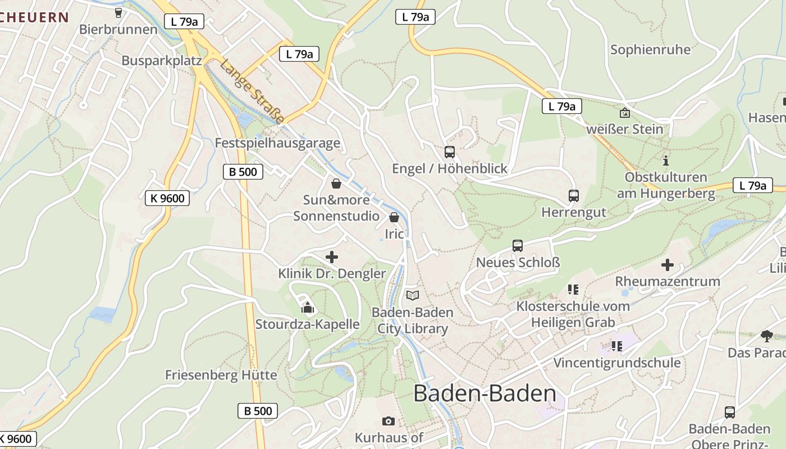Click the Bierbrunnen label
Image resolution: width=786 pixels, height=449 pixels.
pos(118,29)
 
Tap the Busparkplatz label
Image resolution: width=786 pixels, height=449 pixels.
pos(162,61)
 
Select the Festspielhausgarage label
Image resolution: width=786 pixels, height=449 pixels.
pos(277,143)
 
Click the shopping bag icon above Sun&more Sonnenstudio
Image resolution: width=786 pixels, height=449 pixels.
pos(336,183)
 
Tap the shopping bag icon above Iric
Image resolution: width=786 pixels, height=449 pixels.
pos(394,217)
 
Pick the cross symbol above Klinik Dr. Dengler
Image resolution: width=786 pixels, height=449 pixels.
pos(332,257)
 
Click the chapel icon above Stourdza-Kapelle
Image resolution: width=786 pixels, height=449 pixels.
pos(307,307)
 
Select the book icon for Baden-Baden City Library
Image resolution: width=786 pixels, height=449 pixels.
pos(413,295)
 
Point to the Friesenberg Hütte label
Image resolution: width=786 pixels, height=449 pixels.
pos(221,375)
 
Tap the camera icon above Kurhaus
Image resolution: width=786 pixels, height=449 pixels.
pos(388,421)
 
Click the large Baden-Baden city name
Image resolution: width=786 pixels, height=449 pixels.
pos(485,393)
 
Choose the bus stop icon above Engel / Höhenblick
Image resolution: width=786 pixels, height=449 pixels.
pos(449,152)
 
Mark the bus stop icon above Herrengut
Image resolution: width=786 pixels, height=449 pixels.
pos(573,196)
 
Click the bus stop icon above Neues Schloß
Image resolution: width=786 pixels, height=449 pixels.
pos(517,246)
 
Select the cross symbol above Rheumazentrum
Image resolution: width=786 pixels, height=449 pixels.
pos(667,264)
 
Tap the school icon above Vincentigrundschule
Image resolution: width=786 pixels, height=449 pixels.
pos(617,346)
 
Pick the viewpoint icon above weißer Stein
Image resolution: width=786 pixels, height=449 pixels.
pos(624,113)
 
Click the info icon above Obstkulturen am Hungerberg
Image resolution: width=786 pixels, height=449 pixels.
pos(666,161)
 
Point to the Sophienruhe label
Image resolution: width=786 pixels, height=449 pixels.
pos(650,49)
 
